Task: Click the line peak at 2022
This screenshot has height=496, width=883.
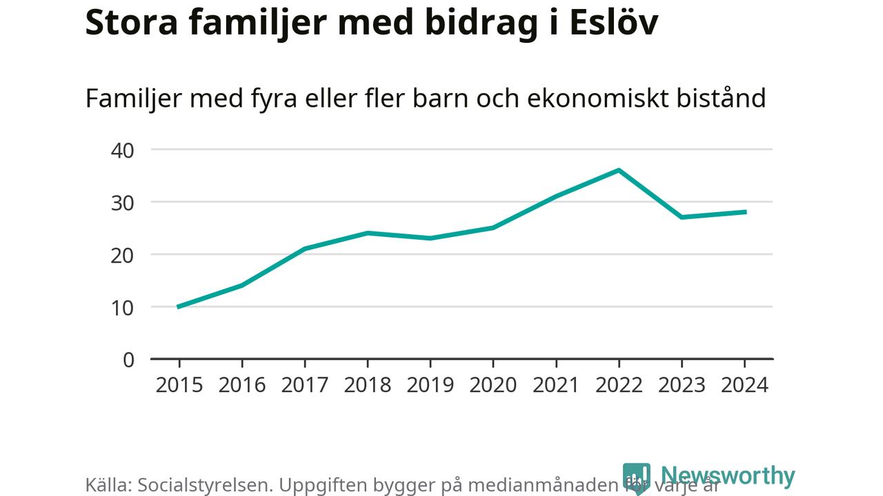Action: pyautogui.click(x=619, y=169)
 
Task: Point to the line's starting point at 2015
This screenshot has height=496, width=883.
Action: pyautogui.click(x=179, y=307)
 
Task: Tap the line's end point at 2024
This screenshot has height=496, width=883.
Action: pyautogui.click(x=744, y=211)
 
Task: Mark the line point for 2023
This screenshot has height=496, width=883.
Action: pyautogui.click(x=682, y=217)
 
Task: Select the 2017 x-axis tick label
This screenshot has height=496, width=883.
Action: pyautogui.click(x=305, y=384)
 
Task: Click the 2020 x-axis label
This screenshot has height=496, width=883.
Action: pyautogui.click(x=493, y=384)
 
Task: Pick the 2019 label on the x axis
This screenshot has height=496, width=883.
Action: pyautogui.click(x=430, y=384)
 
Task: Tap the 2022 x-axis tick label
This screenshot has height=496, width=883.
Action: pyautogui.click(x=619, y=384)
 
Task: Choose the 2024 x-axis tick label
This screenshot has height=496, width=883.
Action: pyautogui.click(x=744, y=384)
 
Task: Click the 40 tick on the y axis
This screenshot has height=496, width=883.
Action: pyautogui.click(x=122, y=149)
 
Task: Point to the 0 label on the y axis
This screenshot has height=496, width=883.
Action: pyautogui.click(x=128, y=360)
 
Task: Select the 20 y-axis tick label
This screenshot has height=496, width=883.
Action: pyautogui.click(x=122, y=255)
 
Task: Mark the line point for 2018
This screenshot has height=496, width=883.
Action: pyautogui.click(x=368, y=233)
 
